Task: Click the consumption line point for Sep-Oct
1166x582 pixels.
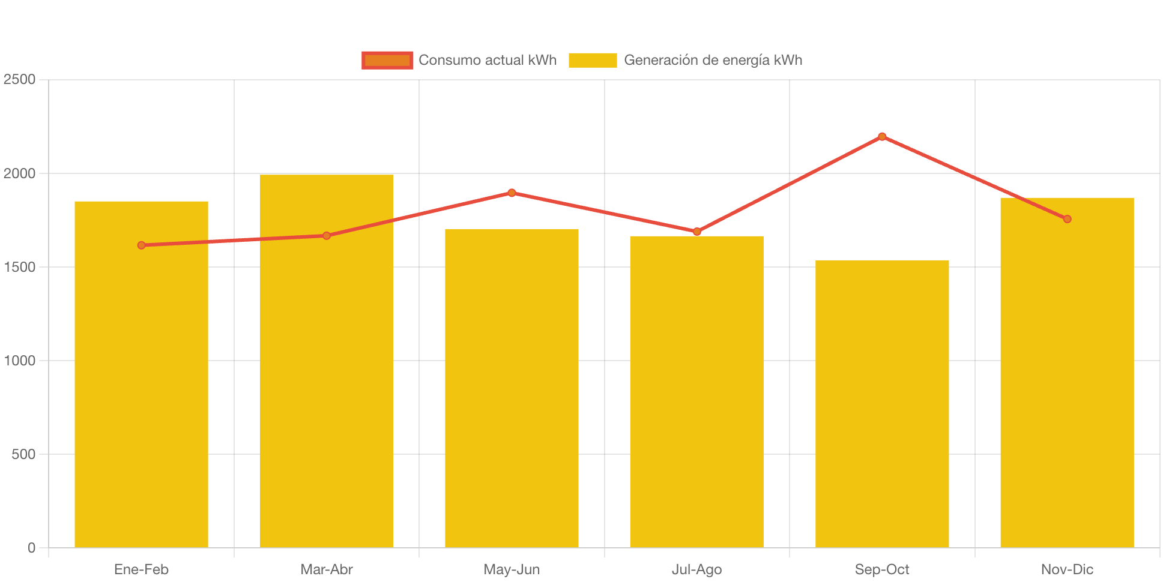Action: pyautogui.click(x=882, y=137)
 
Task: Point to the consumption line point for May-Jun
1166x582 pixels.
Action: pyautogui.click(x=512, y=193)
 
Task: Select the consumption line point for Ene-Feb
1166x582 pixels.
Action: pyautogui.click(x=141, y=245)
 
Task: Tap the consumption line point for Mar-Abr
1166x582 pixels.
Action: pyautogui.click(x=326, y=236)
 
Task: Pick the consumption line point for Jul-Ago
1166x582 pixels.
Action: pyautogui.click(x=696, y=232)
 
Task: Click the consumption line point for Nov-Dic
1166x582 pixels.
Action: pyautogui.click(x=1067, y=219)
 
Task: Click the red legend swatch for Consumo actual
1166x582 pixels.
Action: pyautogui.click(x=387, y=60)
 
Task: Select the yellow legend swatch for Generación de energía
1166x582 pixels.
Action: pyautogui.click(x=593, y=60)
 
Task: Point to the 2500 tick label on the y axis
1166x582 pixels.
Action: pyautogui.click(x=19, y=79)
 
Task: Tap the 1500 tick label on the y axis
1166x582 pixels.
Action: pyautogui.click(x=19, y=267)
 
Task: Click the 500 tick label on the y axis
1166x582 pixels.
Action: pyautogui.click(x=23, y=454)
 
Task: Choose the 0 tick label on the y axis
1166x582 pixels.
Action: pyautogui.click(x=31, y=548)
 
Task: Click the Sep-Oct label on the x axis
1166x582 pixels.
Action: pyautogui.click(x=882, y=569)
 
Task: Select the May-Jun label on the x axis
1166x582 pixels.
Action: pyautogui.click(x=512, y=569)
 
